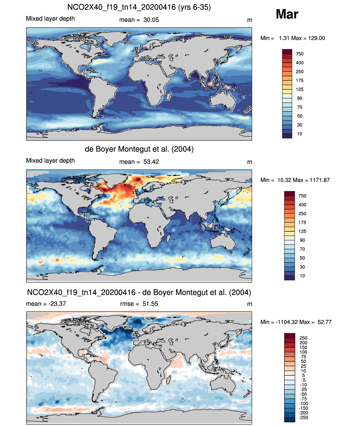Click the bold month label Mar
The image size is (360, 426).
(287, 14)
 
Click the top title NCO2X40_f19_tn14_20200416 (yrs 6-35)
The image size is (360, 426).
(139, 7)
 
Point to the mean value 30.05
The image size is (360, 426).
(151, 20)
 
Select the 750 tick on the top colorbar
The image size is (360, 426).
(299, 54)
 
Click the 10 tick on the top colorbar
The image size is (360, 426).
(299, 134)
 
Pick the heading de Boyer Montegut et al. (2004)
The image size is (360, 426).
(139, 149)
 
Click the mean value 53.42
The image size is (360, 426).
(151, 162)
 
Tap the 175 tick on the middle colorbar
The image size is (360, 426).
(302, 222)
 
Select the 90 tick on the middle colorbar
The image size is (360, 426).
(302, 240)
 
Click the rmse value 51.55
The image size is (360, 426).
(150, 304)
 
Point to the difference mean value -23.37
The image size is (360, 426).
(57, 304)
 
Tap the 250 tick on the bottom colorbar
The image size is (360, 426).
(303, 338)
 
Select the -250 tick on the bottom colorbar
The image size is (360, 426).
(304, 418)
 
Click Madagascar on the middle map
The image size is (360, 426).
(168, 239)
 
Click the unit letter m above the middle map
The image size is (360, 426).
(249, 162)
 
